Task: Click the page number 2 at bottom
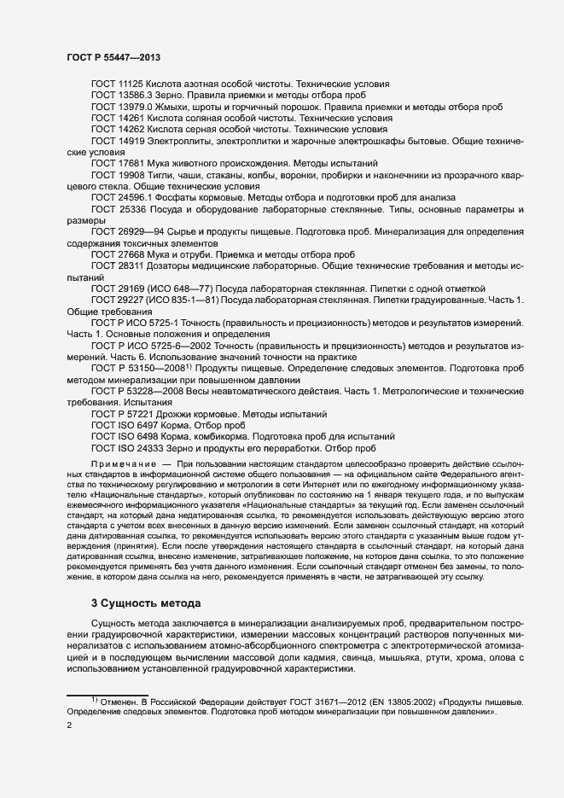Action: coord(69,725)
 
